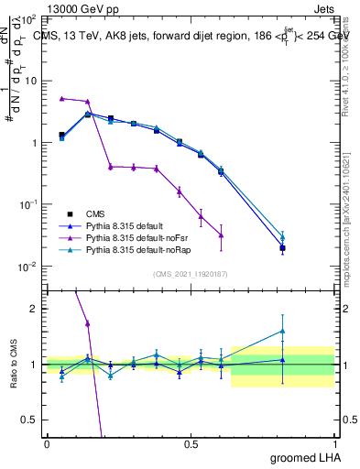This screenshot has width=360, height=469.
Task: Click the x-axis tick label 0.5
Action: (x=191, y=444)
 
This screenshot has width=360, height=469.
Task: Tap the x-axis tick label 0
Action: (x=47, y=444)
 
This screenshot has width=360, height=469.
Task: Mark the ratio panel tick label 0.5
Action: (x=31, y=420)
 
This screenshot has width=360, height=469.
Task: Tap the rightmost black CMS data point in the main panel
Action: (x=282, y=248)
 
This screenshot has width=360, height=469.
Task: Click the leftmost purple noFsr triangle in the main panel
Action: (x=61, y=98)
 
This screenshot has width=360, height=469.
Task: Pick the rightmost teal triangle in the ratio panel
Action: (x=282, y=331)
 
